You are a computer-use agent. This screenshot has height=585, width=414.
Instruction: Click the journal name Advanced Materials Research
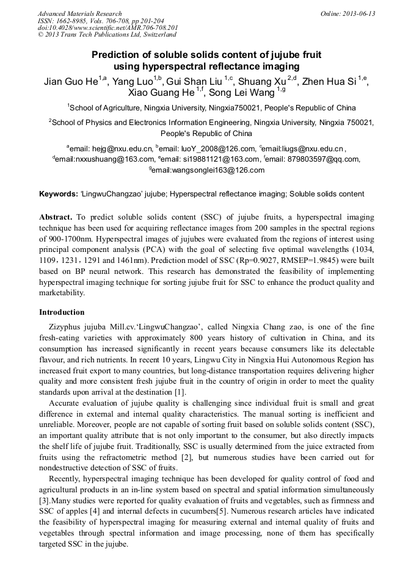[79, 13]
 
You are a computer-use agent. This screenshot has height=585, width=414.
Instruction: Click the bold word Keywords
[58, 194]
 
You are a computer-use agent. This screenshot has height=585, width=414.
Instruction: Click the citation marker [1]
[180, 392]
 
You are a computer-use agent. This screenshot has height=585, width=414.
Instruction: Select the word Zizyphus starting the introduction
[67, 326]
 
